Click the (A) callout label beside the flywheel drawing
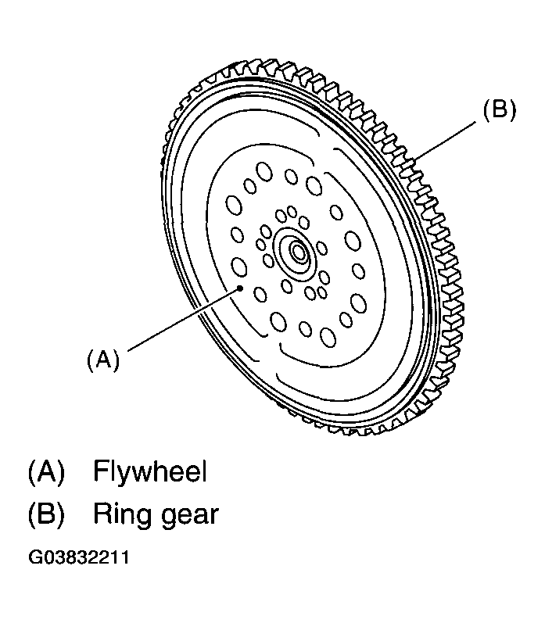[103, 360]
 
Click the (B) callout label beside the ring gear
[500, 109]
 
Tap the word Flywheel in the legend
[150, 471]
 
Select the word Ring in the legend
[121, 514]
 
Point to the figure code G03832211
[79, 557]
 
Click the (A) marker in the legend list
[46, 471]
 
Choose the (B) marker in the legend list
[46, 514]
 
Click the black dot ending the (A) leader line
[240, 288]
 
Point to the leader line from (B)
[445, 141]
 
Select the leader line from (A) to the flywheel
[184, 320]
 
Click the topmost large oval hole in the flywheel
[264, 172]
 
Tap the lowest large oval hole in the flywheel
[328, 338]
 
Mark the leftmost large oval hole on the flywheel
[234, 205]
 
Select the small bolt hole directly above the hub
[292, 212]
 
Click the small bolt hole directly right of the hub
[321, 249]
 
